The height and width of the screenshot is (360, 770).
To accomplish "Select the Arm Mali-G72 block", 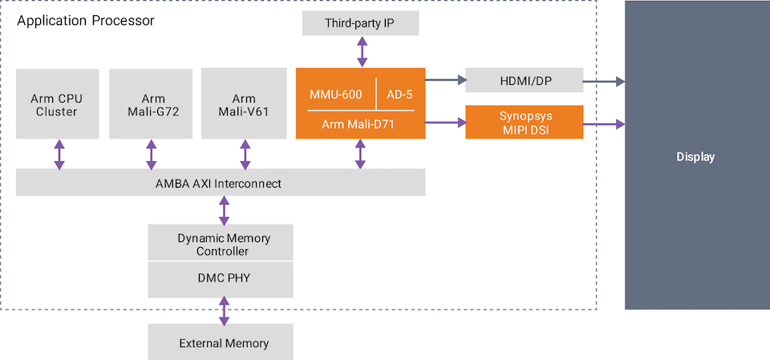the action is click(151, 103).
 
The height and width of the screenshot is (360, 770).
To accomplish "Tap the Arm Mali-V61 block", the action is click(245, 103).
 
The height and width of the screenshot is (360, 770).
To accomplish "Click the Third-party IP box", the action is click(361, 22).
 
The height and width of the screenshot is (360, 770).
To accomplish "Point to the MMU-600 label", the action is click(336, 95).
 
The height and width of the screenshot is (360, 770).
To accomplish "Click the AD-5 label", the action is click(399, 95).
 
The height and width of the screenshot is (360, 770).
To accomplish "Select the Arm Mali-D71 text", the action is click(358, 124).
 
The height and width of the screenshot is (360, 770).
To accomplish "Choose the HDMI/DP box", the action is click(524, 80).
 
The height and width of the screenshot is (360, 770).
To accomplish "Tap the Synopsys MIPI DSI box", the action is click(524, 122).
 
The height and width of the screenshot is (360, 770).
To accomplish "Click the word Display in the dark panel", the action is click(695, 157).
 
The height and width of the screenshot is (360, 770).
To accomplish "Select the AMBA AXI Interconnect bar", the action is click(221, 182).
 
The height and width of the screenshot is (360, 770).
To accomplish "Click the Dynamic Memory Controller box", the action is click(221, 243).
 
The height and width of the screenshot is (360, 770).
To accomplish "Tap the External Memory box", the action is click(221, 342).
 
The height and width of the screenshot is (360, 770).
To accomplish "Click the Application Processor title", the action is click(86, 21).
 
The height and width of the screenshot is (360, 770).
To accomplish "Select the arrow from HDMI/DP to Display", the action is click(603, 81).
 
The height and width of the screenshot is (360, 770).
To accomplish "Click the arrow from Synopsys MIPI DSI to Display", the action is click(603, 123).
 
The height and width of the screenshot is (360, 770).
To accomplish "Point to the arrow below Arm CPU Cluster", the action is click(59, 154).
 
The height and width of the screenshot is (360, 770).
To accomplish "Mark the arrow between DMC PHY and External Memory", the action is click(224, 311).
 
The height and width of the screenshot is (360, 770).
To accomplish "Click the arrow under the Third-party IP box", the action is click(362, 51).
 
